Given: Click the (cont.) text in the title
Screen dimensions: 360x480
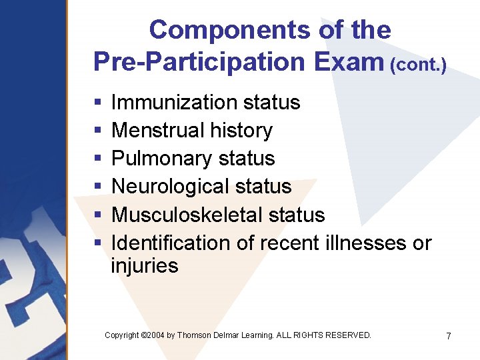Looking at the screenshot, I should tap(419, 65).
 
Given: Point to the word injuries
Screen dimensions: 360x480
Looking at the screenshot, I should tap(145, 266).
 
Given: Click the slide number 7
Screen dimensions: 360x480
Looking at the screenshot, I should tap(449, 336).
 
